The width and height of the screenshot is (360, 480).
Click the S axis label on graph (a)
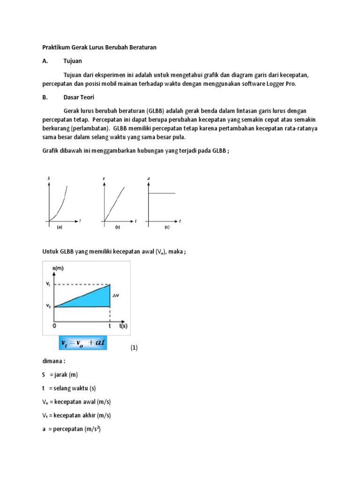click(49, 178)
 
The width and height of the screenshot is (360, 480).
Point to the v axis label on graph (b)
click(103, 178)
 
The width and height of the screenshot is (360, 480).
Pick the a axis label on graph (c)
click(149, 178)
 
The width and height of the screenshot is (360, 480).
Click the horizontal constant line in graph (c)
click(162, 193)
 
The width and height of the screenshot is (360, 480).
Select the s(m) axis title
click(59, 268)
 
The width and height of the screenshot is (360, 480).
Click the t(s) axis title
click(124, 325)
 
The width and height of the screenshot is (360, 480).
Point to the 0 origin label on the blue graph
click(54, 325)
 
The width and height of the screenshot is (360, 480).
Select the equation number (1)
click(134, 348)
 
